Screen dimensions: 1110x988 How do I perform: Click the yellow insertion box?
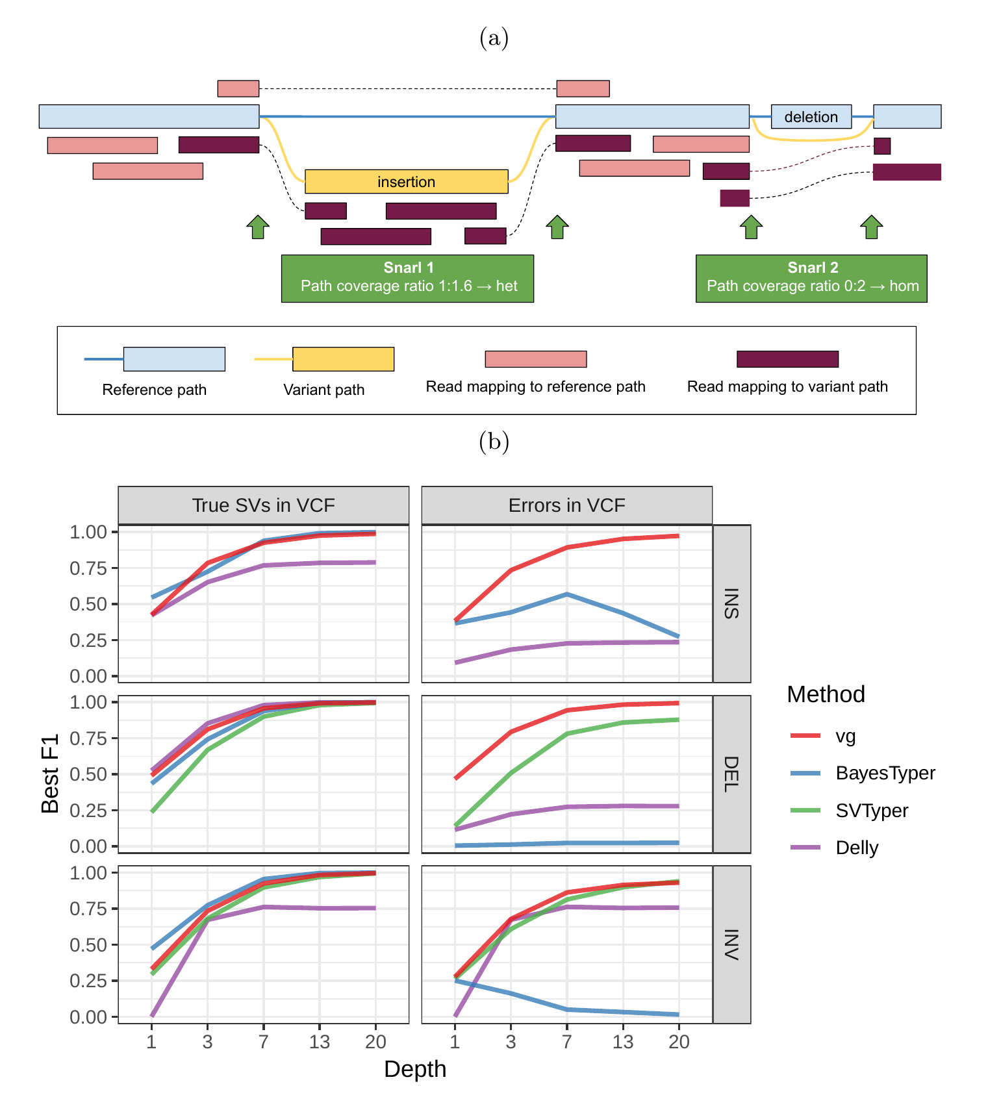click(406, 181)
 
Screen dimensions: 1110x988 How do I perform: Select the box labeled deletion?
click(811, 117)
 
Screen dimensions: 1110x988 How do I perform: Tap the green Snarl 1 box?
click(407, 278)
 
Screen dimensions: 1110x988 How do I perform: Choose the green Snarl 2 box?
click(811, 278)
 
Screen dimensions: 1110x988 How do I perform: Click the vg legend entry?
click(844, 736)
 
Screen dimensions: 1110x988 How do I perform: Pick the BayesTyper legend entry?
click(885, 773)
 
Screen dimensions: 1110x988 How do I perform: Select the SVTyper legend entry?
click(871, 811)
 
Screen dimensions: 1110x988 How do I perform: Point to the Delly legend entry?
click(856, 848)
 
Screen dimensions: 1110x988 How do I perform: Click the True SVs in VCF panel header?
click(263, 505)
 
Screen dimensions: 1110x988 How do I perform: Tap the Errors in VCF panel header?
click(566, 505)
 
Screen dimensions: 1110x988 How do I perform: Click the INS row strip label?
click(732, 603)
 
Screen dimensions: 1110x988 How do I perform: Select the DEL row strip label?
click(732, 774)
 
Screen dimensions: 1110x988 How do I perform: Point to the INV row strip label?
click(732, 944)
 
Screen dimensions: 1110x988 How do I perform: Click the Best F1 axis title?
click(51, 774)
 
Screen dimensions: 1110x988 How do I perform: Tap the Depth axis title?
click(415, 1069)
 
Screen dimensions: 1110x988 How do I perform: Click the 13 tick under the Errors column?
click(623, 1042)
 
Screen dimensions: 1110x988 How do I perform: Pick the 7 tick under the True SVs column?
click(264, 1042)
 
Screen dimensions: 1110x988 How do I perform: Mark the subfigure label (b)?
click(494, 442)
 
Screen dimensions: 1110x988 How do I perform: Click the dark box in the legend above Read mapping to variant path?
click(787, 359)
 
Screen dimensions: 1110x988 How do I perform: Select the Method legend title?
click(826, 694)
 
